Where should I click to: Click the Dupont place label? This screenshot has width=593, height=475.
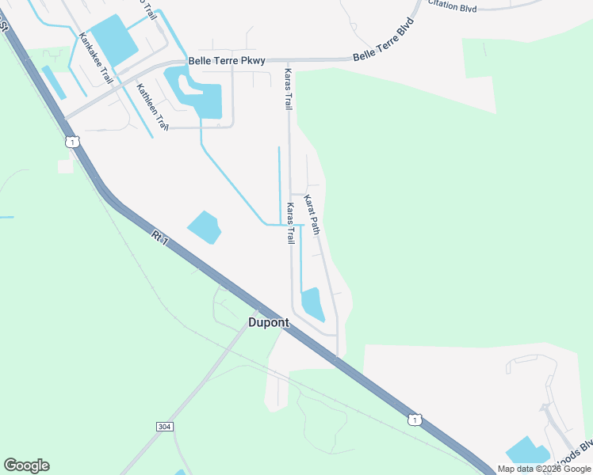point(270,323)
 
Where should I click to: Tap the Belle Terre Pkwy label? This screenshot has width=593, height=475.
point(226,61)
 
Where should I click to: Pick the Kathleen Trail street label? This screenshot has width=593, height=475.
point(152,107)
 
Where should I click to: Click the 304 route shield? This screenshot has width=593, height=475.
point(164,427)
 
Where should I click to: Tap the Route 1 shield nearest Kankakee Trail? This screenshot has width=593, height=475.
point(72,142)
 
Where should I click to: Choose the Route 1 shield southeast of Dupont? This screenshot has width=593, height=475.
point(414,419)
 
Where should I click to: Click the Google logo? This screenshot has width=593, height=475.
point(26,465)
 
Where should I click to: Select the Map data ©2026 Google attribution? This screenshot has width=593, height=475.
point(544,469)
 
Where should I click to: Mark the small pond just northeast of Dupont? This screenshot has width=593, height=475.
point(312,304)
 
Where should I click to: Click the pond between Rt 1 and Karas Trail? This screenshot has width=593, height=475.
point(204,226)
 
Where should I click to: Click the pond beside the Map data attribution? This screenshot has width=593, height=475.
point(527,450)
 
